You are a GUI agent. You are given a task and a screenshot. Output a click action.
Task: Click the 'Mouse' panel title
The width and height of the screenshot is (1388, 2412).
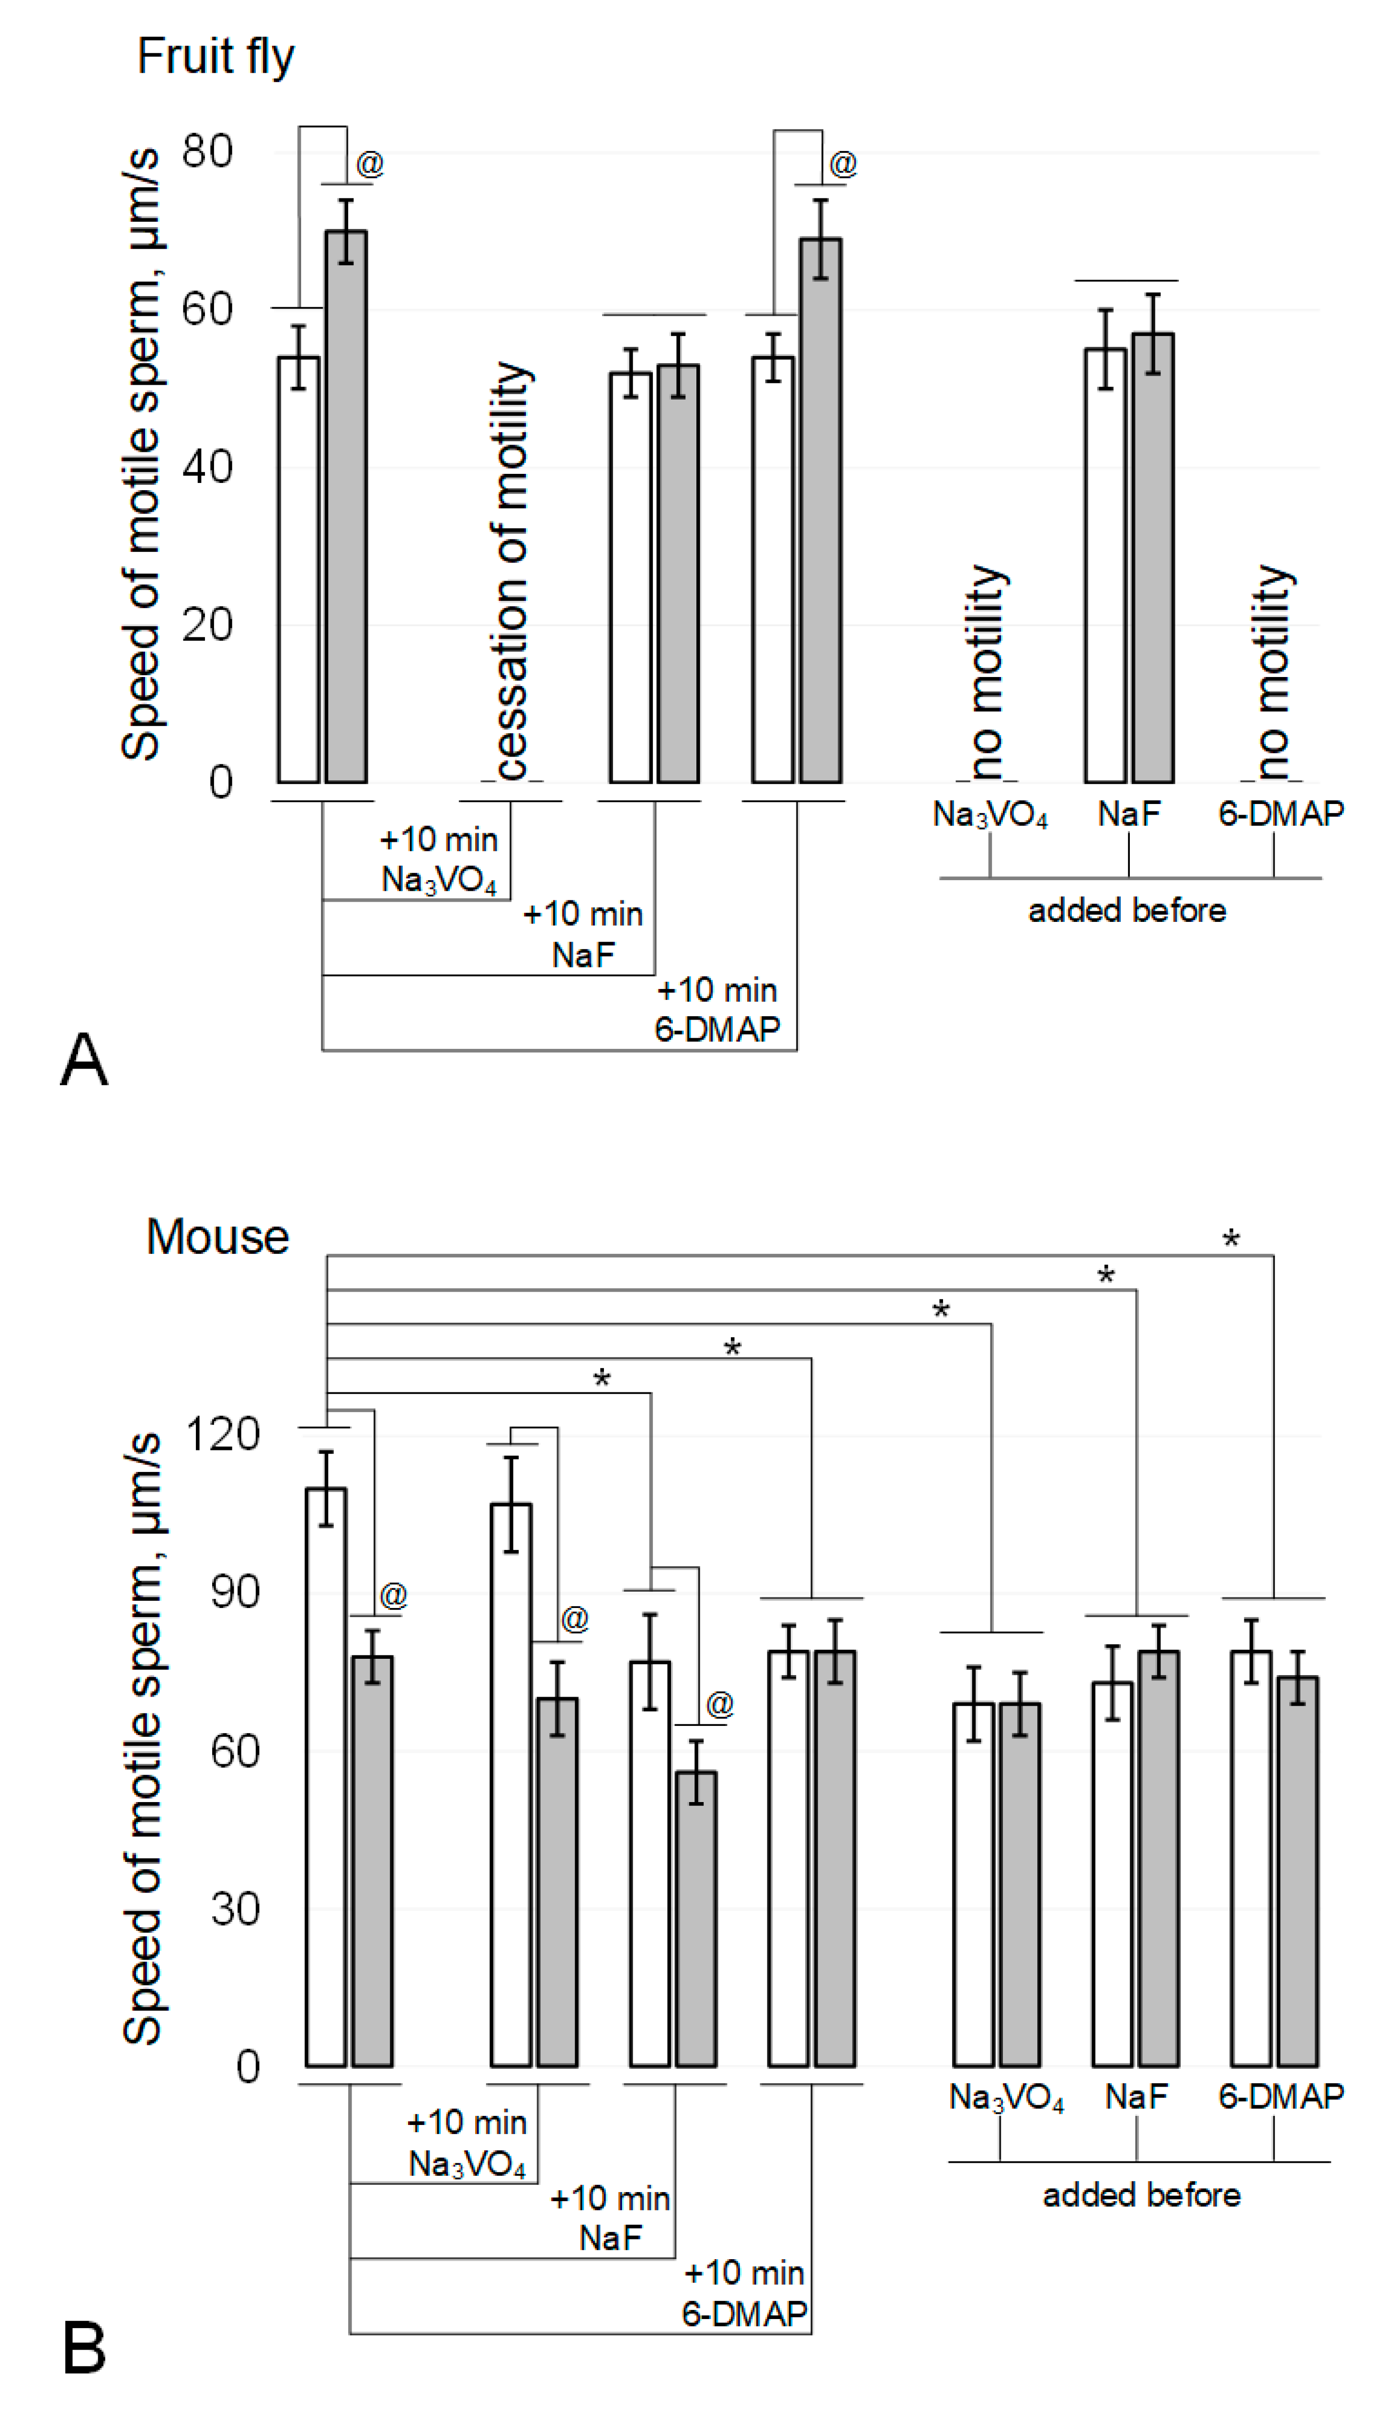point(217,1238)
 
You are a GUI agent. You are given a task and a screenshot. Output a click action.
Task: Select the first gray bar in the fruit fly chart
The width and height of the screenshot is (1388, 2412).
point(346,505)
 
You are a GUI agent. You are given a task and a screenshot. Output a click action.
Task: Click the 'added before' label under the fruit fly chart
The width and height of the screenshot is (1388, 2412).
point(1127,910)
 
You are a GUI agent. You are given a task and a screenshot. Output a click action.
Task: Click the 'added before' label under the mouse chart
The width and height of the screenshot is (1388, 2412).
point(1141,2194)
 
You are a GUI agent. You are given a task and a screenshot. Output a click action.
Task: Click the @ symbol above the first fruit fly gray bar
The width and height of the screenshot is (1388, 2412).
point(370,164)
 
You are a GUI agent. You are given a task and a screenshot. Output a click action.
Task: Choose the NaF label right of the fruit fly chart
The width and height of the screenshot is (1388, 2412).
point(1129,813)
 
